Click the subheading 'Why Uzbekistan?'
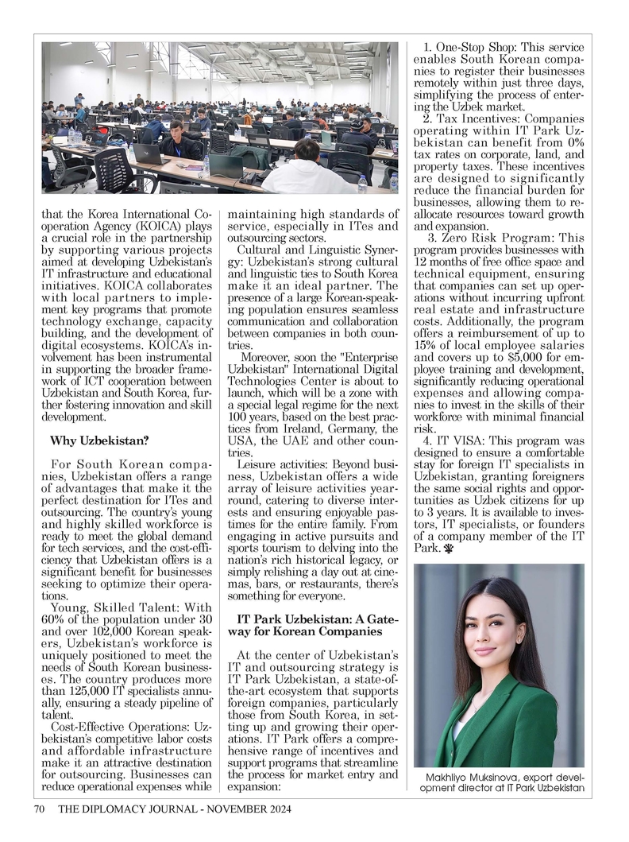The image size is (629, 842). [x=99, y=440]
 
